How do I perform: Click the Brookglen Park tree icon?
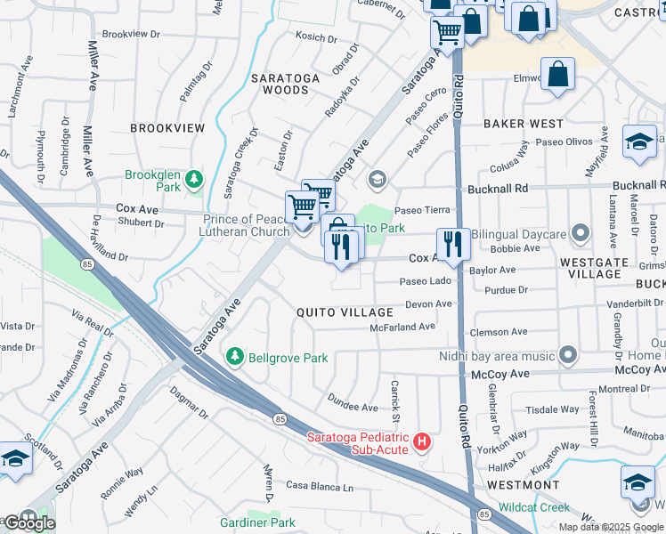pyautogui.click(x=193, y=186)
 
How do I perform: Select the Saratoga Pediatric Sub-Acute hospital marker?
pyautogui.click(x=423, y=441)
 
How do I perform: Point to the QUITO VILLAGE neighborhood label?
pyautogui.click(x=345, y=312)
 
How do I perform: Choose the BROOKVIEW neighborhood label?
pyautogui.click(x=167, y=128)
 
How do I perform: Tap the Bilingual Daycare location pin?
pyautogui.click(x=581, y=234)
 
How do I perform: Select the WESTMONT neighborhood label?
pyautogui.click(x=524, y=485)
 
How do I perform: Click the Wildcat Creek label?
pyautogui.click(x=534, y=507)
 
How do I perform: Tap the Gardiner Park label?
pyautogui.click(x=258, y=522)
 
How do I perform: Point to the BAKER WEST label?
pyautogui.click(x=524, y=124)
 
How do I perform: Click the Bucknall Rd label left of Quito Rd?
pyautogui.click(x=497, y=189)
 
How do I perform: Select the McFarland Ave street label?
pyautogui.click(x=402, y=327)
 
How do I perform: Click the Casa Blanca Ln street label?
pyautogui.click(x=320, y=487)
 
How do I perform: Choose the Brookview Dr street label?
pyautogui.click(x=131, y=34)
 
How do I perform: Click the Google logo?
pyautogui.click(x=28, y=523)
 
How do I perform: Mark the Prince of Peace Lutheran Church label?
pyautogui.click(x=246, y=226)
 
